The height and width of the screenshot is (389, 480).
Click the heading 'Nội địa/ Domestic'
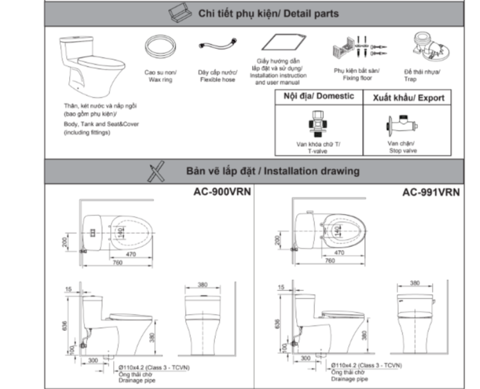pos(318,96)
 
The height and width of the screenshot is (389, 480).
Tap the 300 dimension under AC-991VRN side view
pos(307,359)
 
